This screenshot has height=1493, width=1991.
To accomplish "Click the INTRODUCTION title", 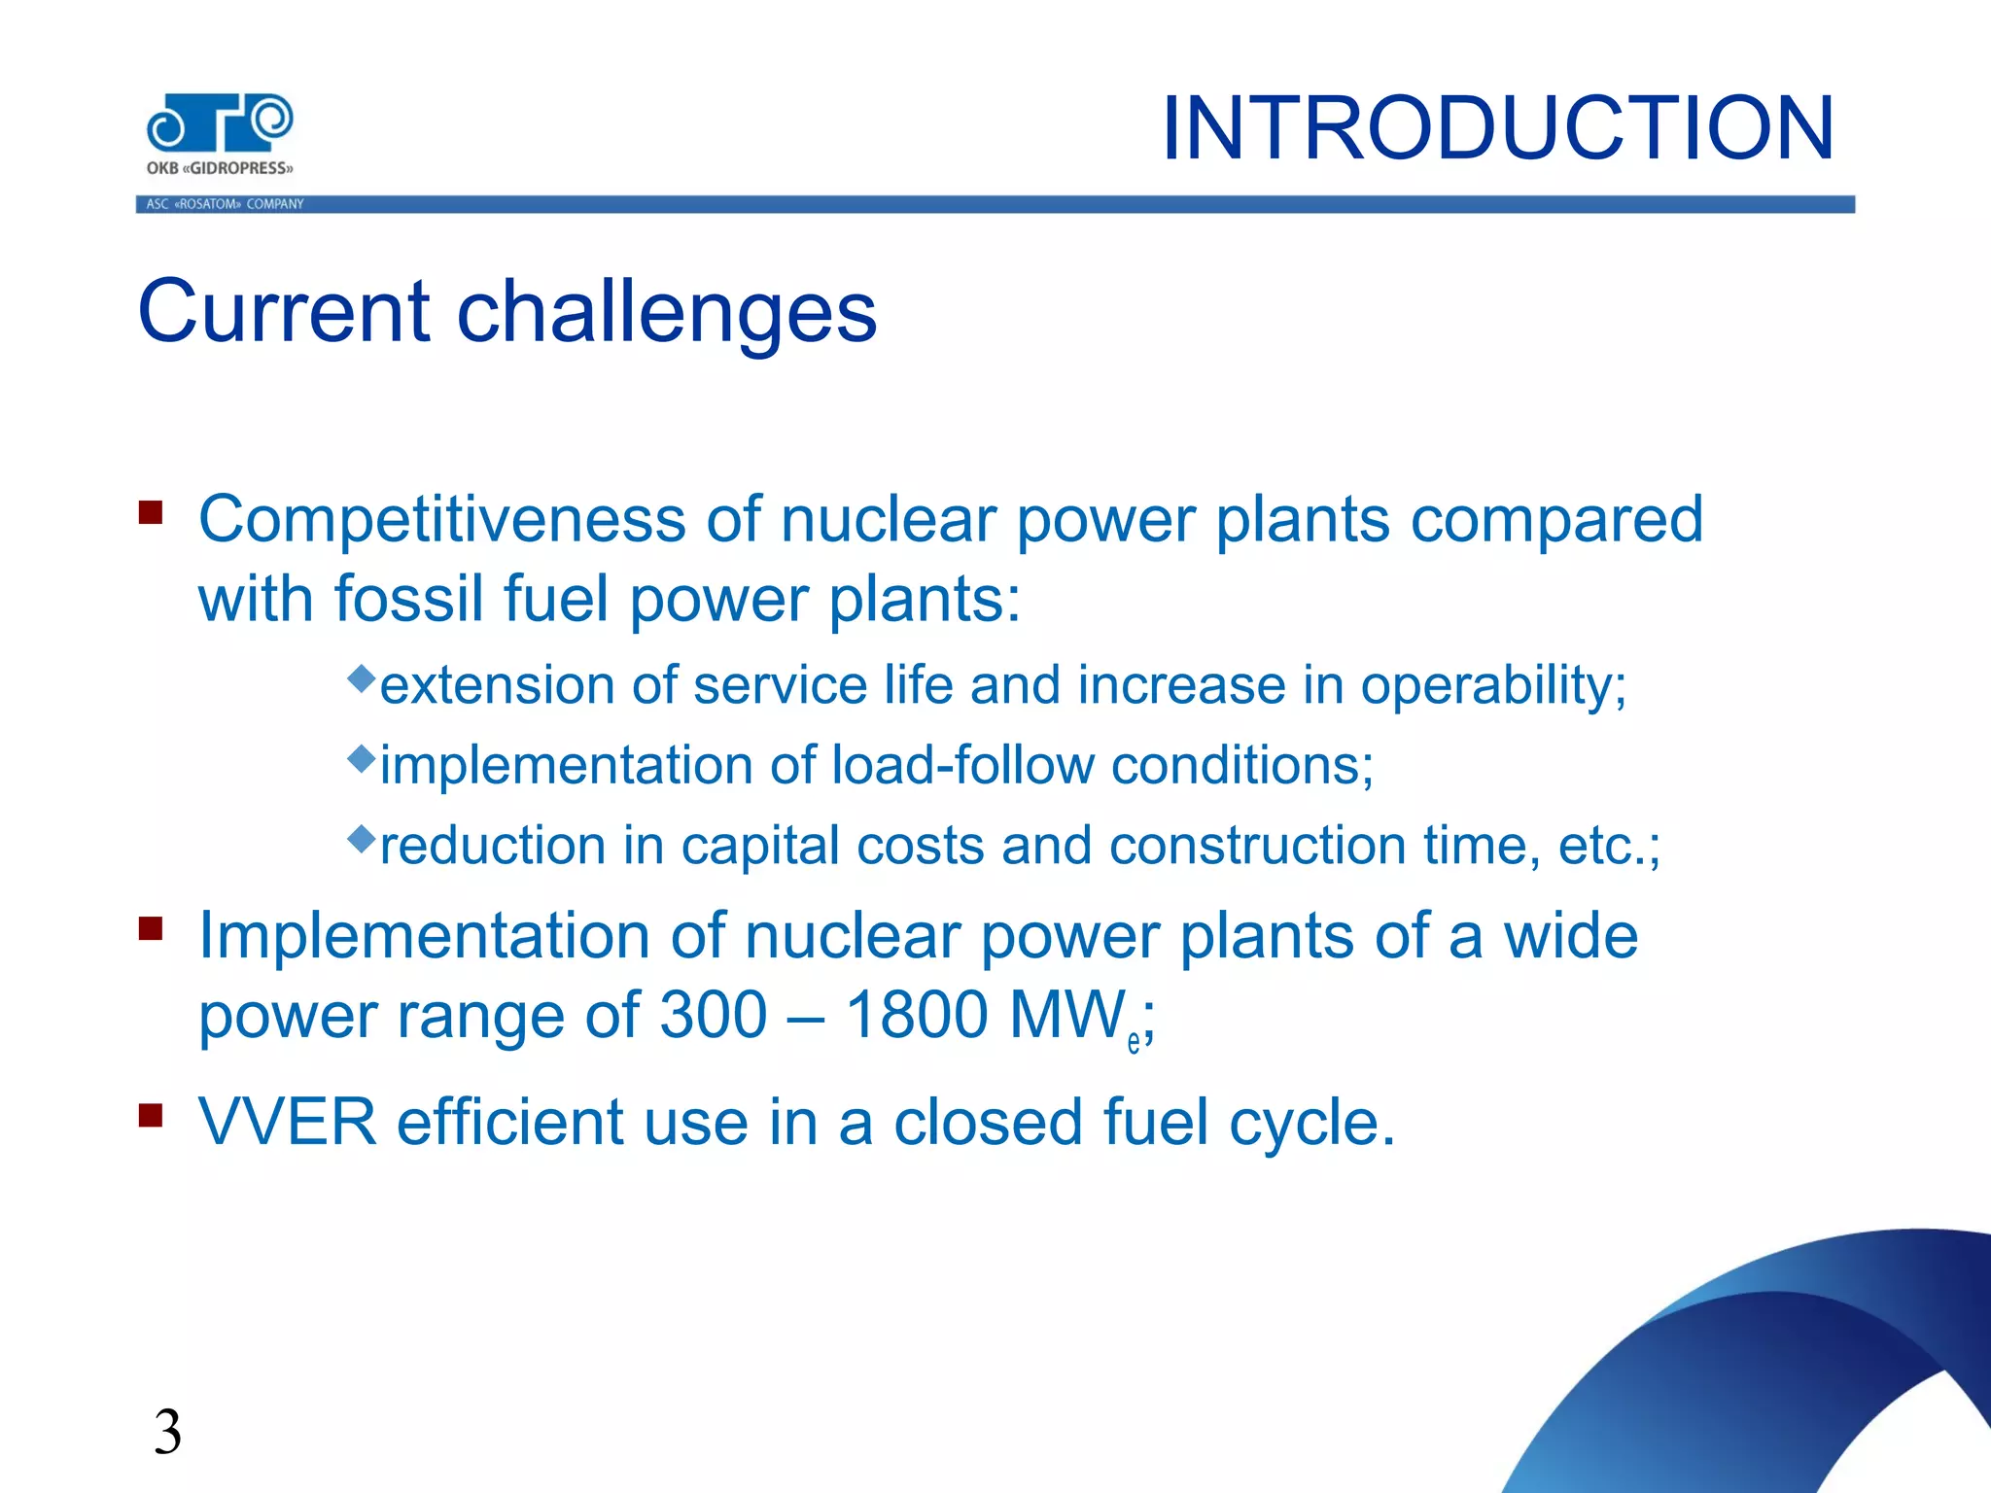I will pyautogui.click(x=1497, y=128).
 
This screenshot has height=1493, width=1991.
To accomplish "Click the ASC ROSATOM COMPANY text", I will pyautogui.click(x=225, y=204).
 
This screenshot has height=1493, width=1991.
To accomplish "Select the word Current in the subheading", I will pyautogui.click(x=284, y=311).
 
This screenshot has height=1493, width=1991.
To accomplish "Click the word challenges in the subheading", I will pyautogui.click(x=667, y=313).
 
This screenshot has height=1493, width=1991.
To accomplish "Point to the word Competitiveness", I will pyautogui.click(x=441, y=519).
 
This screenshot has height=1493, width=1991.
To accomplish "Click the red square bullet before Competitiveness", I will pyautogui.click(x=151, y=512).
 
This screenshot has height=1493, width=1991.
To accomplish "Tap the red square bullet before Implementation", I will pyautogui.click(x=151, y=928).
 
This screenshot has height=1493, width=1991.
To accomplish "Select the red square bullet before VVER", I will pyautogui.click(x=151, y=1115).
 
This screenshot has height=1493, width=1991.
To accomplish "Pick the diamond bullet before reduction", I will pyautogui.click(x=361, y=837).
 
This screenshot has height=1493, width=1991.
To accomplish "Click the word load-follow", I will pyautogui.click(x=962, y=765).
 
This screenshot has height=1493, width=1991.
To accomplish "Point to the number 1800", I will pyautogui.click(x=917, y=1016).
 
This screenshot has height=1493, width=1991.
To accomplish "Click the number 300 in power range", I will pyautogui.click(x=714, y=1016).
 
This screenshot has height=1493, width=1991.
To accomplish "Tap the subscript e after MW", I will pyautogui.click(x=1134, y=1044).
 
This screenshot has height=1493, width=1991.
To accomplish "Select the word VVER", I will pyautogui.click(x=288, y=1123).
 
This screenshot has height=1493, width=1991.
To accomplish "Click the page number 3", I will pyautogui.click(x=167, y=1433).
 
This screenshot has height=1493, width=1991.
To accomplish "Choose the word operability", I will pyautogui.click(x=1492, y=686).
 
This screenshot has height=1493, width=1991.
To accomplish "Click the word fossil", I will pyautogui.click(x=409, y=599).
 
